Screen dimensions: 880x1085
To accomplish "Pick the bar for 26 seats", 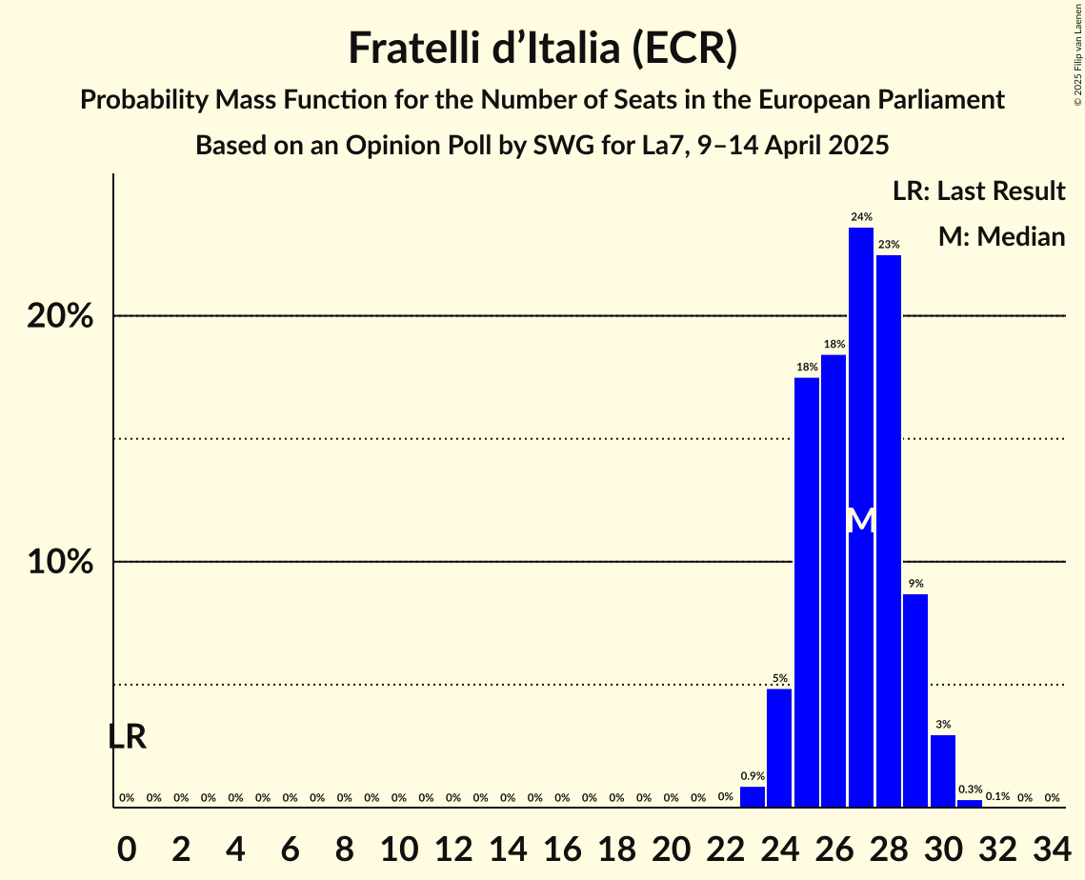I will pos(834,581).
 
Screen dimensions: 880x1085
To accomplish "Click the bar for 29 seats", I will pos(915,701).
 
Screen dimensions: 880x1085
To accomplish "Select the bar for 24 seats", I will pos(779,749).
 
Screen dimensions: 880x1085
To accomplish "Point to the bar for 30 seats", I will pos(943,771).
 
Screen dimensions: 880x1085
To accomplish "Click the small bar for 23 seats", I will pos(753,797).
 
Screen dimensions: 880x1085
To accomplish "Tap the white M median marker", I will pos(861,521).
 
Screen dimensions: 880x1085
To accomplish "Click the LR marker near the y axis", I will pos(127,737).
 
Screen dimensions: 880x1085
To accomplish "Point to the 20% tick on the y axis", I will pos(60,316).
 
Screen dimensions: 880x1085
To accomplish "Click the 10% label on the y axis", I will pos(60,562).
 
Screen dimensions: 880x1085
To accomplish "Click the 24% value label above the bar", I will pos(861,217).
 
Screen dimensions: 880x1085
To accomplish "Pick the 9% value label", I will pos(915,584).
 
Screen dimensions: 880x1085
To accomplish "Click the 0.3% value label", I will pos(971,790).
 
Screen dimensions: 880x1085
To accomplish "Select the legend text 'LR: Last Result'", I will pos(978,191).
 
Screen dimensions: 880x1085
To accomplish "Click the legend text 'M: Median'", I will pos(1001,236).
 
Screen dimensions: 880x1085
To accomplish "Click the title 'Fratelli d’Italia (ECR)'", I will pos(542,49).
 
